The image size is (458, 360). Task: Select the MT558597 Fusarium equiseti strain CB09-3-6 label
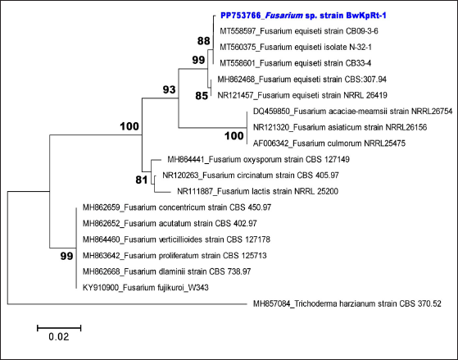point(299,31)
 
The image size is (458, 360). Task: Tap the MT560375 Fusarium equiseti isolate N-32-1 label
point(296,47)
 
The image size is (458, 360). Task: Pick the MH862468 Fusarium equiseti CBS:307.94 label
point(302,80)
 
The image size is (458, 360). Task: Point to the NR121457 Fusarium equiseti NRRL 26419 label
point(302,95)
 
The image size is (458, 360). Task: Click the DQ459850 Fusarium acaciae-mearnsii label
point(353,112)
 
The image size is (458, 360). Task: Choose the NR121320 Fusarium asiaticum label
point(340,127)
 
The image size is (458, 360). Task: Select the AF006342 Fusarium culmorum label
point(329,144)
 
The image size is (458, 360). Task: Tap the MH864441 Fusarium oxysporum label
point(259,159)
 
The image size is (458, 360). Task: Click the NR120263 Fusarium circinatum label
point(251,175)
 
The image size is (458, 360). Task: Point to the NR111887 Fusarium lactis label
point(257,192)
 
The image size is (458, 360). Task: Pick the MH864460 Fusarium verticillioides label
point(176,239)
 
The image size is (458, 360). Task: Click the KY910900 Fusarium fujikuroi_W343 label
point(146,288)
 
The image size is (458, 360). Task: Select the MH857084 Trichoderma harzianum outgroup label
point(347,304)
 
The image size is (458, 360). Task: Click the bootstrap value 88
point(203,41)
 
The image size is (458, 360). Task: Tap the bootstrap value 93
point(169,89)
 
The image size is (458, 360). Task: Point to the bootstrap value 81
point(142,180)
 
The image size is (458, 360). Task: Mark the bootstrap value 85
point(202,96)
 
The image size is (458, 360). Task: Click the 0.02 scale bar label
point(59,337)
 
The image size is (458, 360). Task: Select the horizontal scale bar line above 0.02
point(59,328)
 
